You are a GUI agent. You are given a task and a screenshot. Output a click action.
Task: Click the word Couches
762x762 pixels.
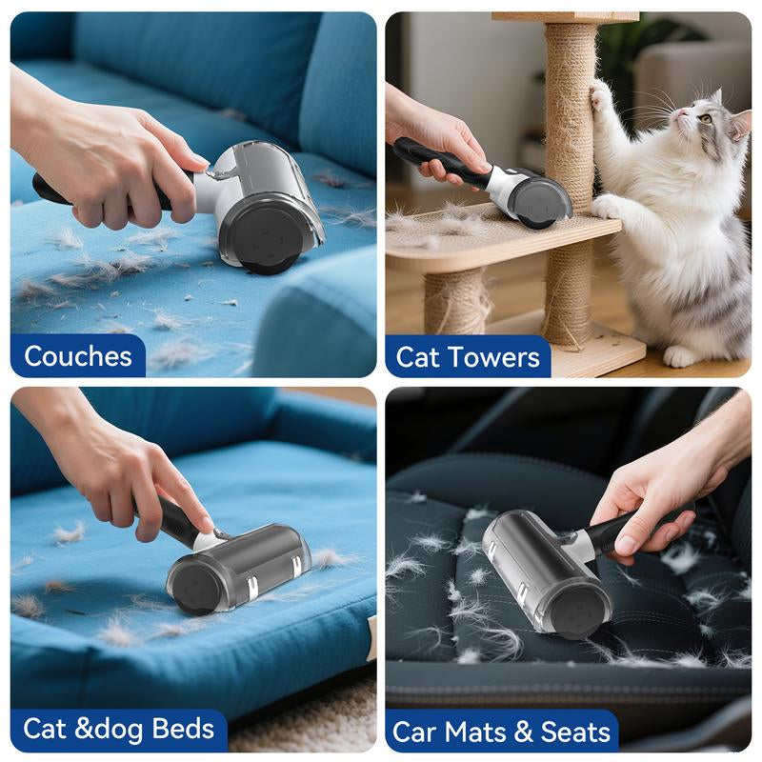tap(78, 356)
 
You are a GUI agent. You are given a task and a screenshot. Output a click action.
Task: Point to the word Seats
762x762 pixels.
tap(575, 732)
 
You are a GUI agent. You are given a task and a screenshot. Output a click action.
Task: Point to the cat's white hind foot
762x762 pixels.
tap(680, 356)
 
